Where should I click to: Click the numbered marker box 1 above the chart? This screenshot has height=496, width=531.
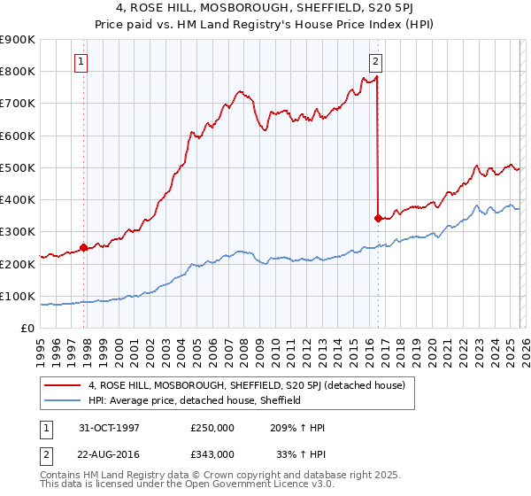pyautogui.click(x=81, y=62)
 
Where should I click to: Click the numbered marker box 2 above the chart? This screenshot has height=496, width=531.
pyautogui.click(x=375, y=62)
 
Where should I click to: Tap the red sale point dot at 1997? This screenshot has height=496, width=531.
pyautogui.click(x=84, y=248)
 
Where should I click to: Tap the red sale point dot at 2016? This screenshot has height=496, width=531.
pyautogui.click(x=378, y=218)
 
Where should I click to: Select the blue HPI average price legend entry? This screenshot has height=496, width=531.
pyautogui.click(x=195, y=400)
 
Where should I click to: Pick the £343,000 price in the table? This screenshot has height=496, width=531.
pyautogui.click(x=212, y=453)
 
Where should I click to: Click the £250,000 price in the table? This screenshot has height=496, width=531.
pyautogui.click(x=212, y=428)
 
